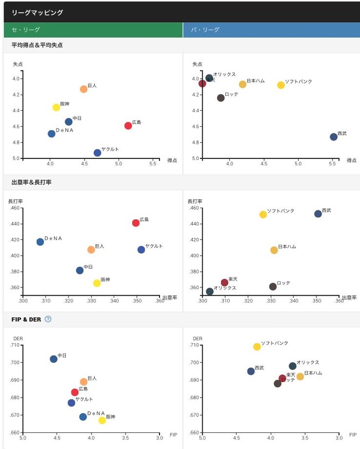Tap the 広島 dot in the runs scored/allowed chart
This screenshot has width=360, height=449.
(128, 126)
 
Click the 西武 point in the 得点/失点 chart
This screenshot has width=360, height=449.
(333, 137)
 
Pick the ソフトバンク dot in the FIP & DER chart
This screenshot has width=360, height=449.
(257, 347)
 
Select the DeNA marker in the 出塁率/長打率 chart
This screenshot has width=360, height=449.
(40, 242)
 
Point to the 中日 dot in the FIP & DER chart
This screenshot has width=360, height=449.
(54, 359)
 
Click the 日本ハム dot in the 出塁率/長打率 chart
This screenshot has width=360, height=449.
(274, 250)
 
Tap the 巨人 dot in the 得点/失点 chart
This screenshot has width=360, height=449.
(84, 89)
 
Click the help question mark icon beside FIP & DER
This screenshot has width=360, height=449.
(48, 319)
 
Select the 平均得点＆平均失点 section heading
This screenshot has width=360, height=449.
(37, 45)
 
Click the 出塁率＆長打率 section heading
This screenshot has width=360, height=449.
(32, 182)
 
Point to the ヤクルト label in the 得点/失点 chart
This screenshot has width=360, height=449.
(110, 149)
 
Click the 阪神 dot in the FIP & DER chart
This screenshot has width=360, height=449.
(102, 420)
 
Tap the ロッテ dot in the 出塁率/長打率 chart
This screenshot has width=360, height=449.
(272, 287)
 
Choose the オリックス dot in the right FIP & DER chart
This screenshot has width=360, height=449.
(292, 366)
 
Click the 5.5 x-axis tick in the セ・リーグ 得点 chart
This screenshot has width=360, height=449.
(152, 164)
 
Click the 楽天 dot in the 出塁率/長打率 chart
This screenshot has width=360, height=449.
(224, 282)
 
